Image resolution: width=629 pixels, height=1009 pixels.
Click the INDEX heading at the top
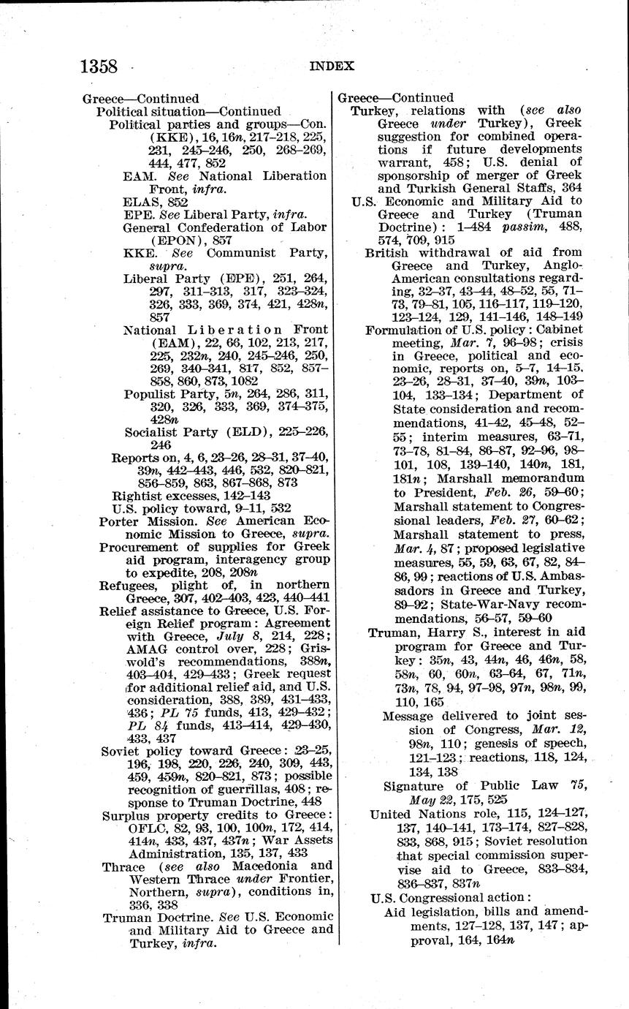coord(332,66)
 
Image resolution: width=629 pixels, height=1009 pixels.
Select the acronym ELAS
coord(138,202)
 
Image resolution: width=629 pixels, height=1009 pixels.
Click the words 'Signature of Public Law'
coord(467,787)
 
